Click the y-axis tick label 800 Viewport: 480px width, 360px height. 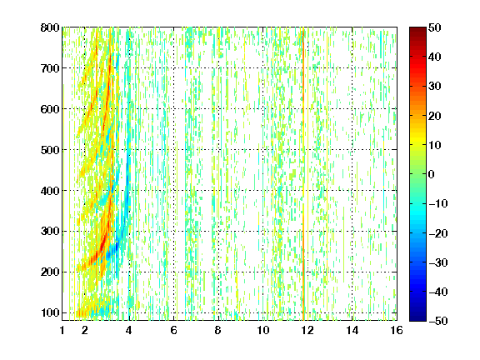click(50, 27)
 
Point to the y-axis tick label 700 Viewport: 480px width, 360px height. click(50, 68)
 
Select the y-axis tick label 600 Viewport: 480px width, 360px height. click(50, 109)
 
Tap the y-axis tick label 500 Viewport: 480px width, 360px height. click(50, 150)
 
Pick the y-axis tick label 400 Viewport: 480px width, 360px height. click(50, 191)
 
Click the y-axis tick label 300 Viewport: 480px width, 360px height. click(50, 231)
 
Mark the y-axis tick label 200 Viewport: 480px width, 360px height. click(50, 272)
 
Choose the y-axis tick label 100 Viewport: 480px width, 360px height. click(50, 312)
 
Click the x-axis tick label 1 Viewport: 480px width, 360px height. click(62, 330)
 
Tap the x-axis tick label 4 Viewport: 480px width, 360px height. click(129, 330)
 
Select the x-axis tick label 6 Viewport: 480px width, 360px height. click(173, 330)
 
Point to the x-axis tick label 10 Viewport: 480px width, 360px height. click(263, 330)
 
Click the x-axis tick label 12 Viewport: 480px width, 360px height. click(307, 330)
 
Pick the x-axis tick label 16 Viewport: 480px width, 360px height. click(397, 330)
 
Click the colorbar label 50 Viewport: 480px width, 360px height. click(435, 27)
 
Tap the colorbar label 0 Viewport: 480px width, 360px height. click(432, 174)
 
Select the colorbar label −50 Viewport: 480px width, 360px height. click(438, 321)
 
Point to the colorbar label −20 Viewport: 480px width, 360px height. click(438, 233)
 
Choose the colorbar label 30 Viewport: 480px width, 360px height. click(435, 87)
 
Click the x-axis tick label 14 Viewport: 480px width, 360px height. click(352, 330)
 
